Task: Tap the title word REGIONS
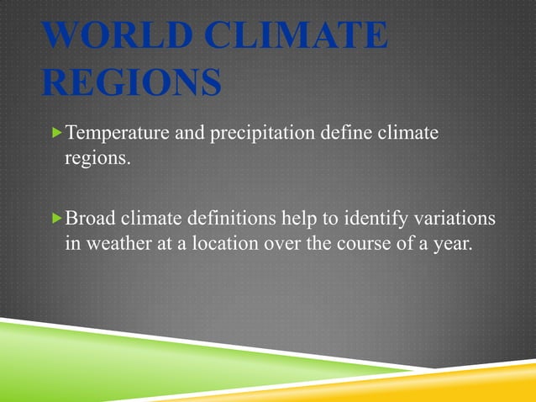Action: point(131,83)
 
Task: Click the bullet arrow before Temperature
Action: point(56,132)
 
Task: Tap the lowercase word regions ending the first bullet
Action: point(97,159)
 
